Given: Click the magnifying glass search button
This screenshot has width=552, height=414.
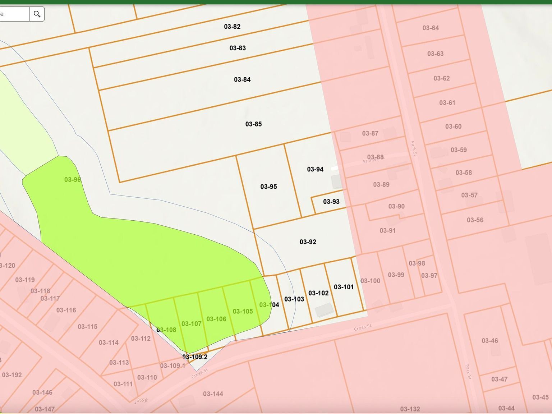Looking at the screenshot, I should [x=37, y=14].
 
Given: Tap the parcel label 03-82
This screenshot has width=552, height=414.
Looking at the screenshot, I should [x=232, y=27].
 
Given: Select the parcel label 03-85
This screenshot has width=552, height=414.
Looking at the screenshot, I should [x=253, y=124].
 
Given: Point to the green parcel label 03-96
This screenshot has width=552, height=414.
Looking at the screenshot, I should [x=72, y=180].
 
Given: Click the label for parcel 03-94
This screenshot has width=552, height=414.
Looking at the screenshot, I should [x=315, y=169].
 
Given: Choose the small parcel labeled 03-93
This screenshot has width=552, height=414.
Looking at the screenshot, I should [x=331, y=202].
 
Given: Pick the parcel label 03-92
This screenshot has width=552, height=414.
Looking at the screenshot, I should [x=308, y=242].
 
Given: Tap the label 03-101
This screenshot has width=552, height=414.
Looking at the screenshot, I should [x=344, y=287].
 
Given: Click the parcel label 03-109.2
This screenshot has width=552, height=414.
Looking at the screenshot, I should [x=195, y=357].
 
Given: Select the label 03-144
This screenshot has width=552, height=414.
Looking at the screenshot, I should [x=213, y=394].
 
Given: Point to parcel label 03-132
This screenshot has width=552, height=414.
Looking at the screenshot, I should [x=410, y=409].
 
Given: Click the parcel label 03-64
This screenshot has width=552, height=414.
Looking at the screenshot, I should [x=431, y=28].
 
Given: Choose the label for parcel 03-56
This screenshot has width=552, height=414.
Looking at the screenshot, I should [x=475, y=220].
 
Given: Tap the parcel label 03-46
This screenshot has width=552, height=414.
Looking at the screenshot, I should [x=490, y=341].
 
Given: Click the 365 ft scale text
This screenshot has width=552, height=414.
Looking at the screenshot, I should [x=142, y=400].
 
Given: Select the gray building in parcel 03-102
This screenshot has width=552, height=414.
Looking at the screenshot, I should [x=325, y=310].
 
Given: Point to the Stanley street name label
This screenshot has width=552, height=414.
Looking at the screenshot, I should [x=371, y=160].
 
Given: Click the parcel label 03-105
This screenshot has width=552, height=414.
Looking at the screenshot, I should [x=243, y=311].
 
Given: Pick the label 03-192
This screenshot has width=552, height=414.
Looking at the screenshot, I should [x=12, y=375].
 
